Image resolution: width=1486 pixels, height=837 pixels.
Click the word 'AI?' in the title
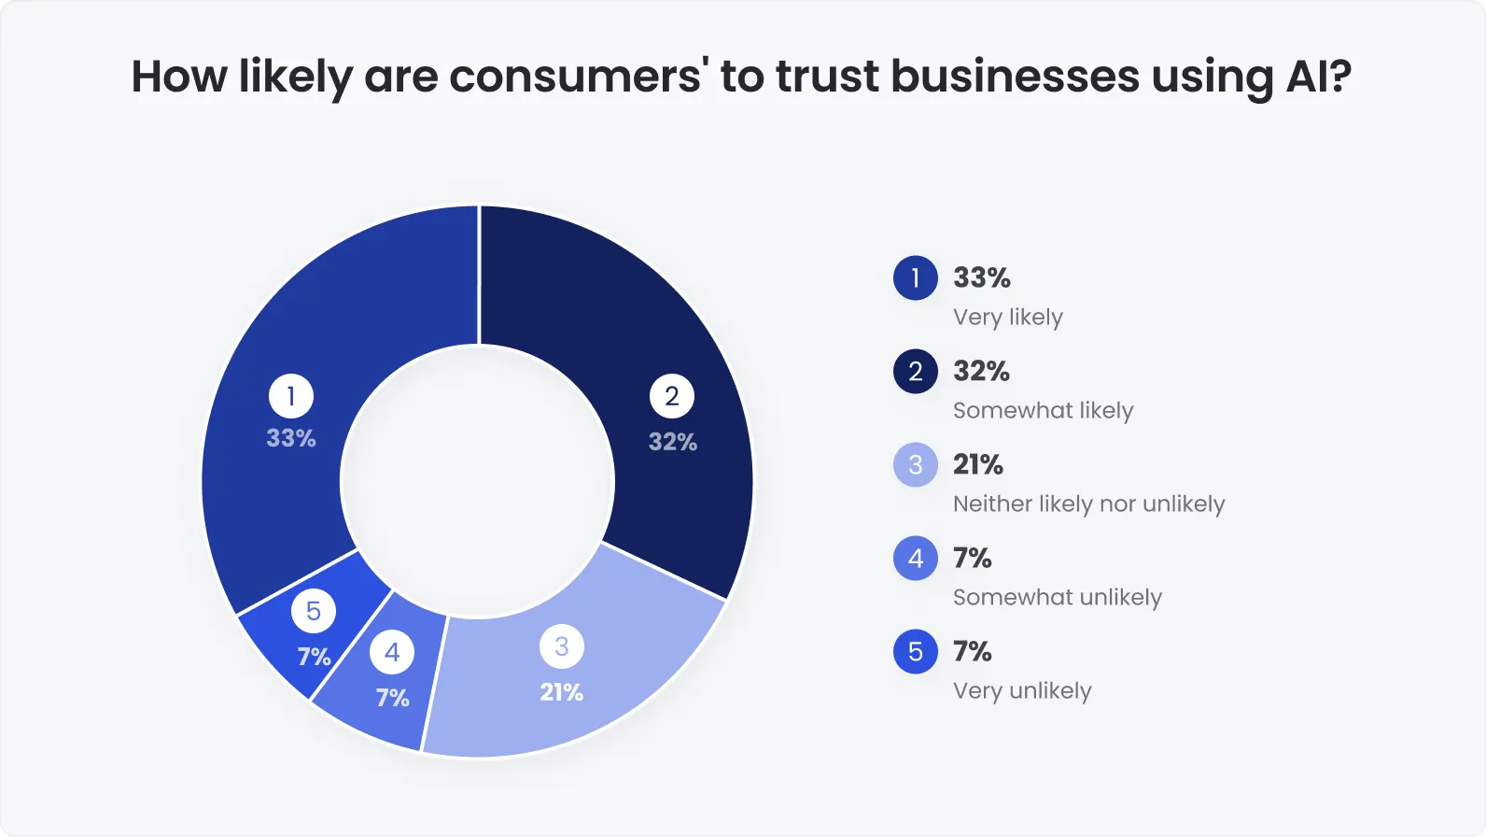coord(1318,77)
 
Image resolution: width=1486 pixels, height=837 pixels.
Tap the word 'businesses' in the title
coord(1015,77)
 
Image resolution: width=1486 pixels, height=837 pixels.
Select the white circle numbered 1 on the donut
coord(291,396)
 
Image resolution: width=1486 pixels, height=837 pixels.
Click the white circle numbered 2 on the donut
coord(672,396)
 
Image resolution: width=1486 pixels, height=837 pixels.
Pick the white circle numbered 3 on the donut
coord(562,646)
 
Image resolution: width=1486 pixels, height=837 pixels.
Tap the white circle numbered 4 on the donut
coord(392,652)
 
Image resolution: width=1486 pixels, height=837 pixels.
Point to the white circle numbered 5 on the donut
coord(314,611)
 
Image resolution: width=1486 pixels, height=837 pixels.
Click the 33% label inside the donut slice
coord(291,438)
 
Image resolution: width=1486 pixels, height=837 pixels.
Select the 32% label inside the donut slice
coord(673,442)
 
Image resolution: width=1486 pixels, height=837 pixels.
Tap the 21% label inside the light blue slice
coord(562,692)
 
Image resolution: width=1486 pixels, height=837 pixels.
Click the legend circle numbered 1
coord(916,278)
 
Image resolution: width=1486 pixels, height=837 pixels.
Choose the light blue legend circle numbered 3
coord(916,465)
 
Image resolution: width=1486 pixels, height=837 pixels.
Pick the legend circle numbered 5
coord(916,652)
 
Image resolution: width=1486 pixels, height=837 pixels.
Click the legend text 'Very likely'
coord(1008,318)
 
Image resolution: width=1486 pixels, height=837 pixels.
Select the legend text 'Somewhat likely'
coord(1043,411)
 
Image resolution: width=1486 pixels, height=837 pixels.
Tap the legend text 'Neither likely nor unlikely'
coord(1088,504)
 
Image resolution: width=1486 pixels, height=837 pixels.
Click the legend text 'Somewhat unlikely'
coord(1057,598)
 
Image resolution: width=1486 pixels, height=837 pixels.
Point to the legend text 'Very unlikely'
coord(1022,691)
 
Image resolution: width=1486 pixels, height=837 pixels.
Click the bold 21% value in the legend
coord(978,464)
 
